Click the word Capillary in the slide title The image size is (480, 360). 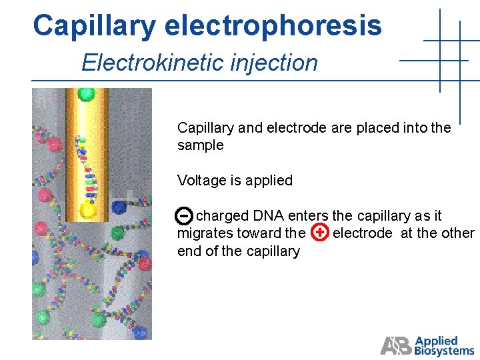[93, 27]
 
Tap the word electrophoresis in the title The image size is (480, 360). [273, 27]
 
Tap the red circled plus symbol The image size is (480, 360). [321, 233]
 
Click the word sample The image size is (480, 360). [200, 145]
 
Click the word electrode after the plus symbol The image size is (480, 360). [362, 233]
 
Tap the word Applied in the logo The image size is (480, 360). [436, 341]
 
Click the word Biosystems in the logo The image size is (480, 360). [444, 351]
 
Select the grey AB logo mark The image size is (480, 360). [396, 345]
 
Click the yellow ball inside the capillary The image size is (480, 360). [88, 211]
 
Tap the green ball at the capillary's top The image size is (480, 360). [85, 94]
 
